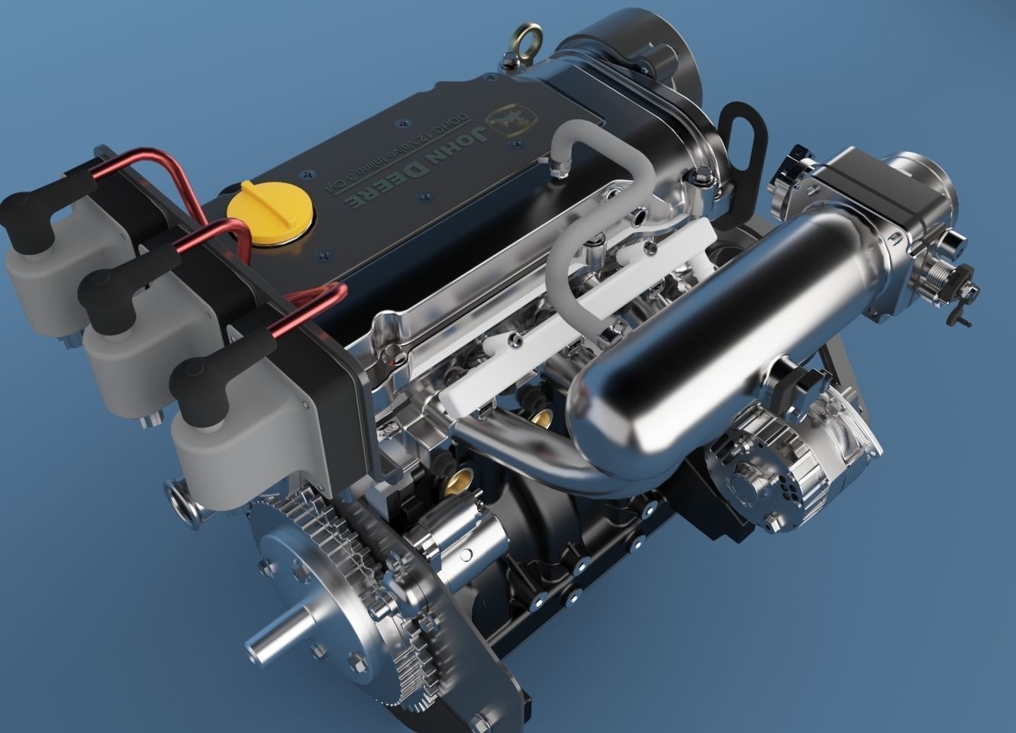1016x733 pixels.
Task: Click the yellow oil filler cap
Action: coord(269,213)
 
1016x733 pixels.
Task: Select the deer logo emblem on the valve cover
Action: coord(514,120)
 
